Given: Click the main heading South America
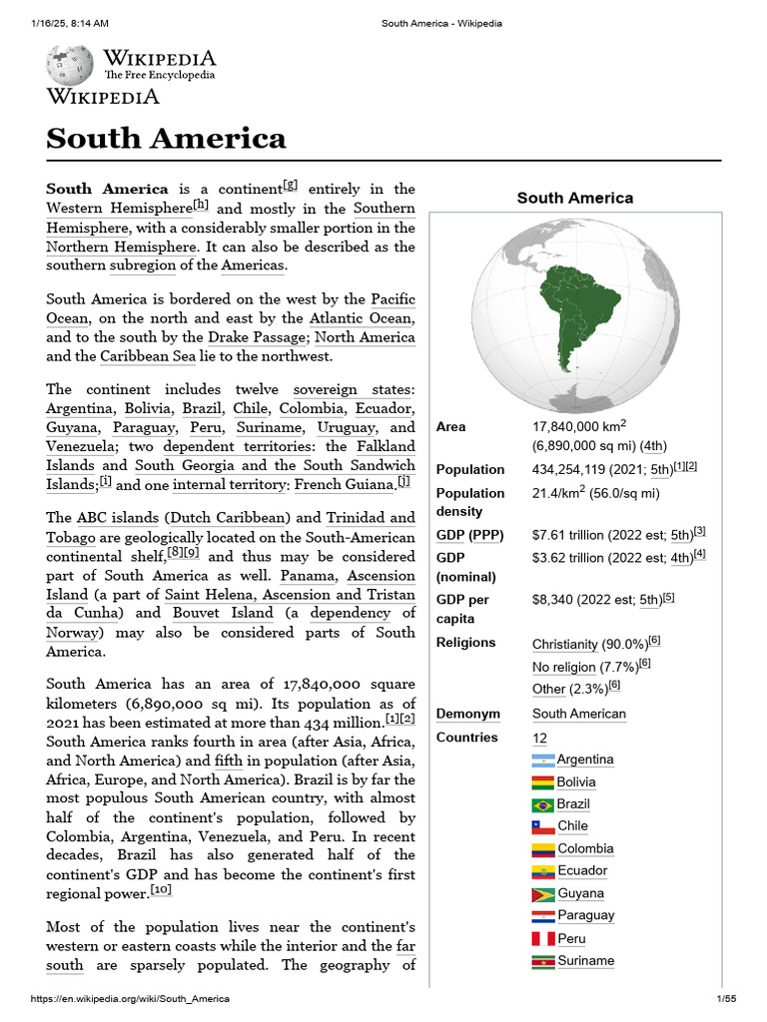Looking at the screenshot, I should (x=166, y=138).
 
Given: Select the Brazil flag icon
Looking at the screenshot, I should (x=543, y=804).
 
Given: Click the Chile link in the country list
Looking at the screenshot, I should (x=572, y=826).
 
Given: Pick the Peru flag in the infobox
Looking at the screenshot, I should (x=543, y=939).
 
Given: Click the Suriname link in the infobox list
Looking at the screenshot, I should (x=586, y=961).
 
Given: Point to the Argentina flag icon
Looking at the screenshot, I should (x=543, y=761).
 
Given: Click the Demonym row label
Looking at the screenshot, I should (x=466, y=714).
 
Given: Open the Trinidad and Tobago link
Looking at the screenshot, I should (x=231, y=527).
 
